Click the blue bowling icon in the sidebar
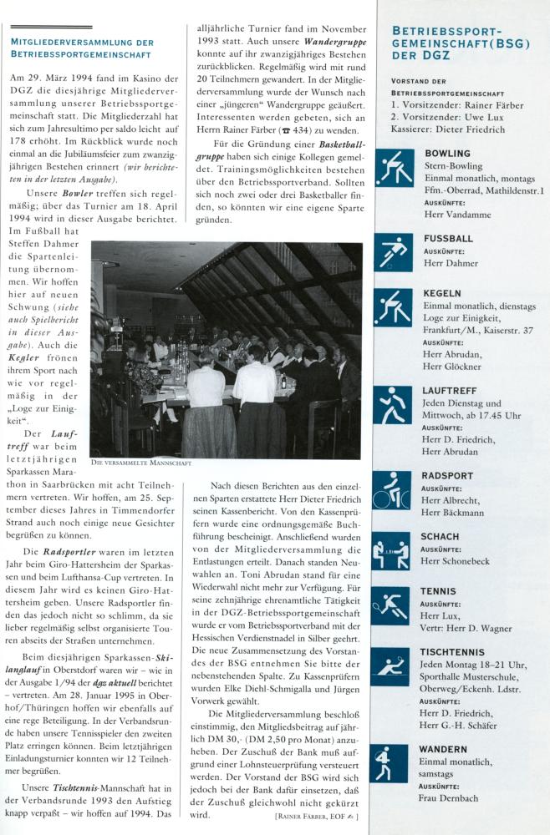click(x=394, y=168)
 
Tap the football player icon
click(x=394, y=251)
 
